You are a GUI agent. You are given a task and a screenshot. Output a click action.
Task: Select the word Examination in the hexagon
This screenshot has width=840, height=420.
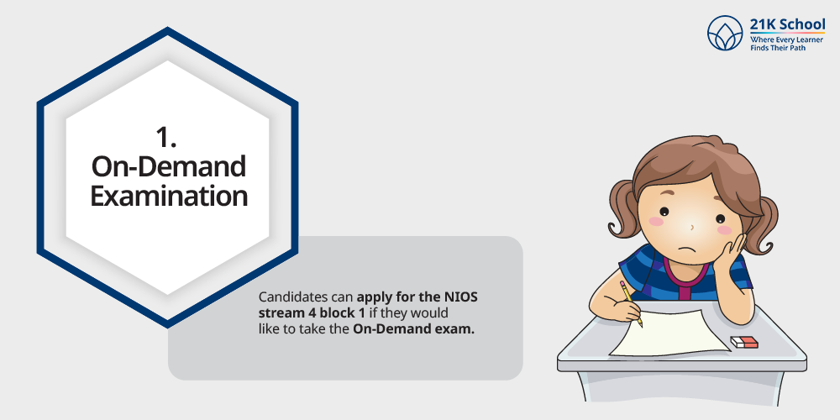(169, 196)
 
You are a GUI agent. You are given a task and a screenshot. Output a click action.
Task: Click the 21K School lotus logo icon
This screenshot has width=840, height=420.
(725, 33)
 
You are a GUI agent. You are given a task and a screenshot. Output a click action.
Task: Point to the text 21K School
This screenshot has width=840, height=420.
(788, 24)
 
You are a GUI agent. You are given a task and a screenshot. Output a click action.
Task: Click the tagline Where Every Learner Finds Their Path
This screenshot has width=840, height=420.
(780, 44)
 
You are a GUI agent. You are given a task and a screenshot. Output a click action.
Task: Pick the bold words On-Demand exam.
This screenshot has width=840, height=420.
(413, 329)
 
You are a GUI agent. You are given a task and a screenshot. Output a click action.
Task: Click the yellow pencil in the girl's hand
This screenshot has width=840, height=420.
(631, 303)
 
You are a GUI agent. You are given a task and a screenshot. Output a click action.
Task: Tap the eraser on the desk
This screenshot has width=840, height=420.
(744, 342)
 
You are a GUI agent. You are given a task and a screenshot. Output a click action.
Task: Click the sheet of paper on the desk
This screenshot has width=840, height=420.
(670, 333)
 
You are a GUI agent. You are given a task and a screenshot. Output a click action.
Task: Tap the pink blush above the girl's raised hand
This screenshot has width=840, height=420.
(724, 230)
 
